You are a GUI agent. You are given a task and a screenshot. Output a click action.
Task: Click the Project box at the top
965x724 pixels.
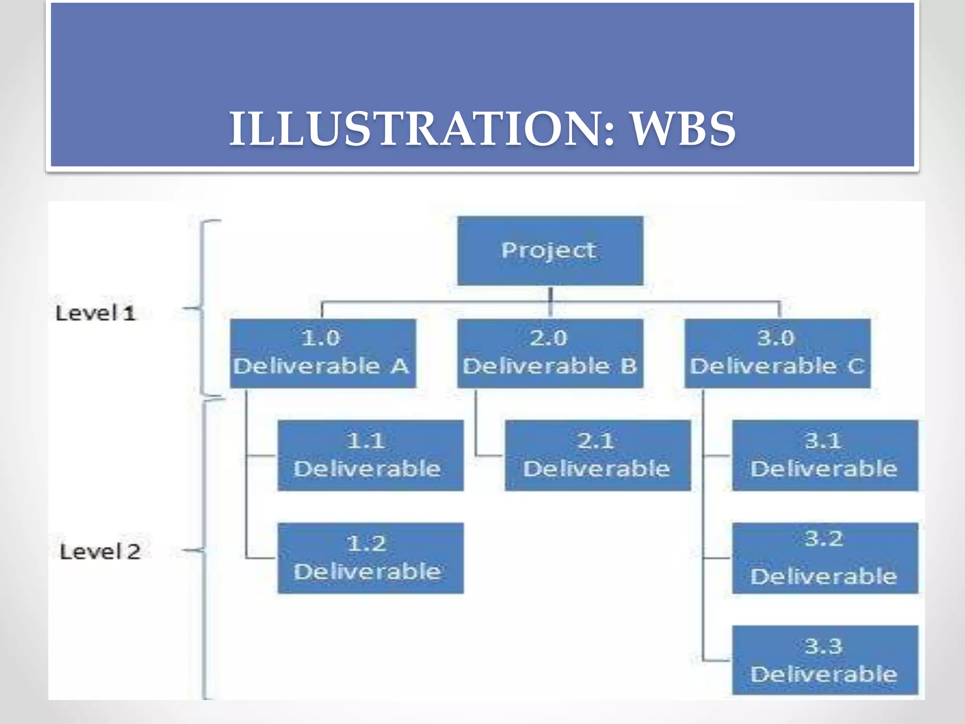pos(550,250)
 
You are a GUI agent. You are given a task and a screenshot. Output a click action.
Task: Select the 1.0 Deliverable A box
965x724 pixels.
pos(323,353)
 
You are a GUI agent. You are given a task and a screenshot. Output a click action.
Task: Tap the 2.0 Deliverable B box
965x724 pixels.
pos(550,353)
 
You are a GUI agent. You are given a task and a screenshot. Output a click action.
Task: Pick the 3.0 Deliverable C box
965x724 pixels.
pos(777,353)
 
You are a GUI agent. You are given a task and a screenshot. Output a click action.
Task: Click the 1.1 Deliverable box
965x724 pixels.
pos(370,455)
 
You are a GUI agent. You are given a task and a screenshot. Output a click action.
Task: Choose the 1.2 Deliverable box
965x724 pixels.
pos(370,558)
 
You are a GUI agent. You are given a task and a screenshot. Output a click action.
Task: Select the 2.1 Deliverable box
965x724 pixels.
pos(597,455)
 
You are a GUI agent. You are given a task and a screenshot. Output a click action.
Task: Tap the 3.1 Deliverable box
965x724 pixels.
pos(825,455)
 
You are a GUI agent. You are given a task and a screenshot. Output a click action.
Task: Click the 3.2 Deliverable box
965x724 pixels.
pos(825,558)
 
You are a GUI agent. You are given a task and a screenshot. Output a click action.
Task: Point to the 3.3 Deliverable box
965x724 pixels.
pos(825,660)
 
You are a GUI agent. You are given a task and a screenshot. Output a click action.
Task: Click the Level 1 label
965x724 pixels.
pos(96,313)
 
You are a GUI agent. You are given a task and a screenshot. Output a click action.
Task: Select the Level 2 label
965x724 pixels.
pos(100,551)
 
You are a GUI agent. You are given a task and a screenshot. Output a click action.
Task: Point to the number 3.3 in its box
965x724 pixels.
pos(823,646)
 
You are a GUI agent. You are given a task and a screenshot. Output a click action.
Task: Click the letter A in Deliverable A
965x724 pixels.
pos(400,366)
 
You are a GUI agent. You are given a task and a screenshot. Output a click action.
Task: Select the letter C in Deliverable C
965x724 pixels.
pos(856,366)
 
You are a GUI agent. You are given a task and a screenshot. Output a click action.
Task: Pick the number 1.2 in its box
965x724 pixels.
pos(367,544)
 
